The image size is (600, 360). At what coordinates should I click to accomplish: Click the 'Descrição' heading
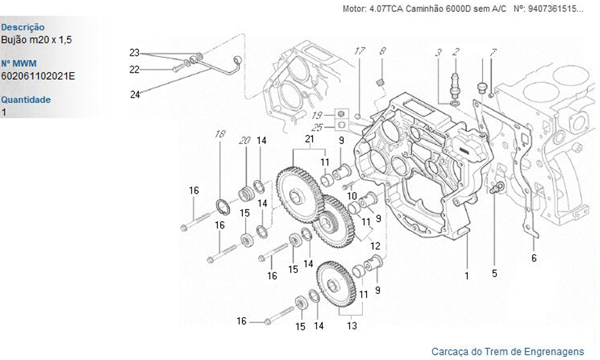point(23,27)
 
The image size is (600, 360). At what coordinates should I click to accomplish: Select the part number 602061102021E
point(38,76)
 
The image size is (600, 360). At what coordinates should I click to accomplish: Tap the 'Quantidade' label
point(26,100)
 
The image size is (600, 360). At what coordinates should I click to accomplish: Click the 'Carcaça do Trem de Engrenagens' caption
point(507,351)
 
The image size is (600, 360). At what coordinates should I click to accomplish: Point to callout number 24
point(135,94)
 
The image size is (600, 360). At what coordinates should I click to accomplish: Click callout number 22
point(134,70)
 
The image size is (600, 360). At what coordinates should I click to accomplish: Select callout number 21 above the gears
point(310,139)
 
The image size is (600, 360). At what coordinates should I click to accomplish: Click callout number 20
point(244,140)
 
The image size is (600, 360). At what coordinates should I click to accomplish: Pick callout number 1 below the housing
point(467,276)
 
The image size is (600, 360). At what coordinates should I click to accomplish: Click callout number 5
point(494,274)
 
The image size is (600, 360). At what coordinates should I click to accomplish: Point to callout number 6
point(533,259)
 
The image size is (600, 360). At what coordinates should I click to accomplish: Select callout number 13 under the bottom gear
point(352,326)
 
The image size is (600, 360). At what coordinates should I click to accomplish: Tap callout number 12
point(375,246)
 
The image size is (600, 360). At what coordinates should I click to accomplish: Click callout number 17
point(359,52)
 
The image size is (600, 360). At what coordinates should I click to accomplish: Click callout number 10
point(352,196)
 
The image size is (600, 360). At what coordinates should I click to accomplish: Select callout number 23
point(134,52)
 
